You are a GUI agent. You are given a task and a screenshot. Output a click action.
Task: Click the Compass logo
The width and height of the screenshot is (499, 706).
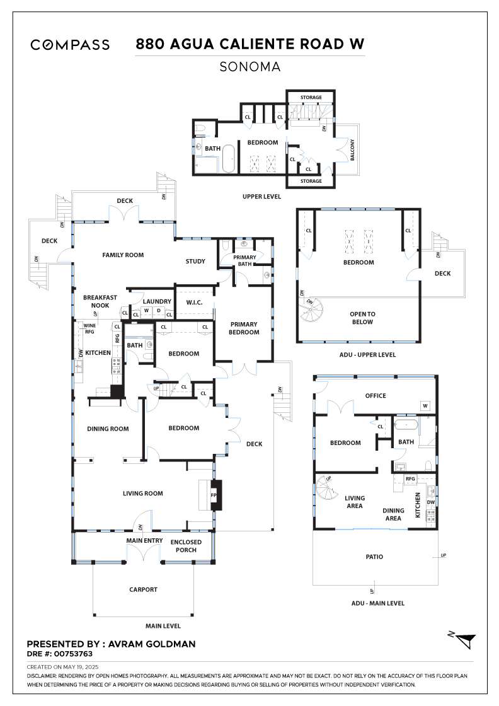pos(70,45)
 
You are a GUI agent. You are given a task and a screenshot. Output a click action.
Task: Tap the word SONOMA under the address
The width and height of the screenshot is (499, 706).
pos(249,67)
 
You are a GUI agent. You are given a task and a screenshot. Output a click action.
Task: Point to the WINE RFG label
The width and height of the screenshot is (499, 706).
pos(89,328)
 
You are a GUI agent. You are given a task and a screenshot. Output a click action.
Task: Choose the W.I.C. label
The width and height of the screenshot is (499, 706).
pos(195,302)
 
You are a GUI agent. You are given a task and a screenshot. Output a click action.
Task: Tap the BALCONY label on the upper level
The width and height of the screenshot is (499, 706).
pos(352,149)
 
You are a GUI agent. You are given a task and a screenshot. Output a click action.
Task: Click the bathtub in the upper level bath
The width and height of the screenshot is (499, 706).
pos(229,158)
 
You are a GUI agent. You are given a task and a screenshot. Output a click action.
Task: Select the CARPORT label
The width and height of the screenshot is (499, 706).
pos(143,589)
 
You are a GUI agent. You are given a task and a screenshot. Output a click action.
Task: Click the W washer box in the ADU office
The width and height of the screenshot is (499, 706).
pos(425,406)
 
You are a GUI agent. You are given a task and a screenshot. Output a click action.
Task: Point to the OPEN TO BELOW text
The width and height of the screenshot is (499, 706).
pos(362,318)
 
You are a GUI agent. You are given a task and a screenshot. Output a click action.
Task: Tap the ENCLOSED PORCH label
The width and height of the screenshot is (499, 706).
pos(186,546)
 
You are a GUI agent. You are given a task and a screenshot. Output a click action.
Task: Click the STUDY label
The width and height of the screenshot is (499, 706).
pos(195,261)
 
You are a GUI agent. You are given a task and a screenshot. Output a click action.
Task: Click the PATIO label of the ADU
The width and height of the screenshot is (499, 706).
pos(374,557)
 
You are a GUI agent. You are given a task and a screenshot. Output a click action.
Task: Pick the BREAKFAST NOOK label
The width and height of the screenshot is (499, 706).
pos(100,301)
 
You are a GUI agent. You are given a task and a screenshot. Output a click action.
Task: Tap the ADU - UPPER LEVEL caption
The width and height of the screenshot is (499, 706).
pos(367,354)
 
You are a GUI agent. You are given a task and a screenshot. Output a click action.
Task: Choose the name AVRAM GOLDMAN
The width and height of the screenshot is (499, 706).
pos(152,644)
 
